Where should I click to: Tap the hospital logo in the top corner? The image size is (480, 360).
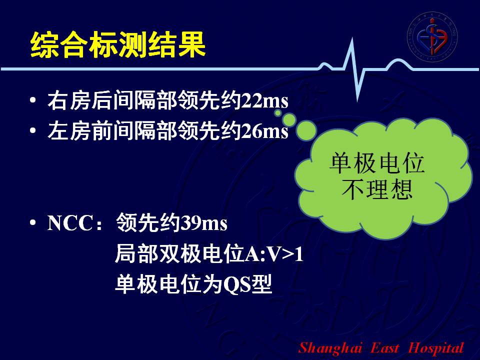point(432,36)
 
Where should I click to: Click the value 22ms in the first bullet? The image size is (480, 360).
point(265,100)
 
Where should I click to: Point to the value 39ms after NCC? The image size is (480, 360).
point(203,223)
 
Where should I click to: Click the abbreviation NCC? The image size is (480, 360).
point(70,223)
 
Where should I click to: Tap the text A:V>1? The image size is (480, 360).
point(274,254)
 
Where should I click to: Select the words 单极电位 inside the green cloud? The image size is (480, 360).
point(377,162)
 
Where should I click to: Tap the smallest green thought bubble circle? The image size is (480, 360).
point(277,113)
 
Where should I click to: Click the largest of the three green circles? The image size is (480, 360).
point(306,130)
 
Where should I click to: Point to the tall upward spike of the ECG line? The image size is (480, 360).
point(352,38)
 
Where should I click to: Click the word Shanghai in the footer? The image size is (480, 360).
point(330,348)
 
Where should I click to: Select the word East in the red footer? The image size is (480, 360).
point(385,348)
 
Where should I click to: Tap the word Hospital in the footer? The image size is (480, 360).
point(436,348)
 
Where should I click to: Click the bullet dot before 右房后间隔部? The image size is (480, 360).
point(33,100)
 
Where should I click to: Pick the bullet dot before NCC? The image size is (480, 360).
point(33,222)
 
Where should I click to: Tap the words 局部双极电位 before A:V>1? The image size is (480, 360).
point(179,254)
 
